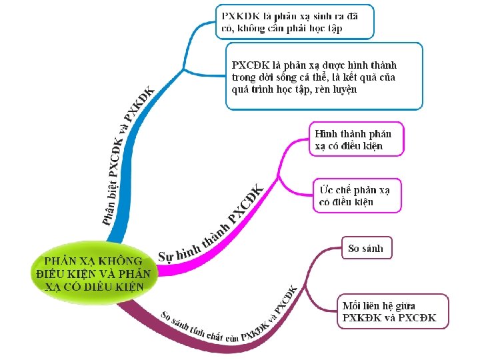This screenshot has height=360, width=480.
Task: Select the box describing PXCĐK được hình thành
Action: coord(324,76)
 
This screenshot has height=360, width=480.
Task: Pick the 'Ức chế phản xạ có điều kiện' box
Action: coord(357,195)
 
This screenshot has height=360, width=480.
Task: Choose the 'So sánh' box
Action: coord(366,248)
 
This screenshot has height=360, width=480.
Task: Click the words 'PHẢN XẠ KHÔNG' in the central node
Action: coord(93,260)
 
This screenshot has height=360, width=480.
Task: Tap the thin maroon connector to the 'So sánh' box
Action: coord(320,253)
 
